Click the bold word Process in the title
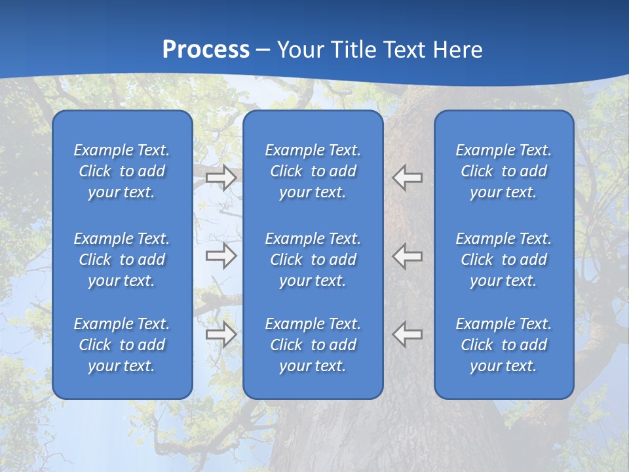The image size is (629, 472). pyautogui.click(x=206, y=50)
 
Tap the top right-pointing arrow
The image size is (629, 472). pyautogui.click(x=221, y=178)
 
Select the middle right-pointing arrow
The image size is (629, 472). pyautogui.click(x=221, y=256)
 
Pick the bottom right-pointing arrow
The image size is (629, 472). pyautogui.click(x=221, y=334)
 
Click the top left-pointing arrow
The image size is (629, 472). pyautogui.click(x=408, y=178)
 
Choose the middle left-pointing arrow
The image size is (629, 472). pyautogui.click(x=408, y=256)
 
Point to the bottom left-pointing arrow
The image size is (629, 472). pyautogui.click(x=408, y=334)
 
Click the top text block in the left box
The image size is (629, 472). pyautogui.click(x=122, y=171)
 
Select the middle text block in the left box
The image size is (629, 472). pyautogui.click(x=122, y=260)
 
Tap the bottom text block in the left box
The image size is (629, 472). pyautogui.click(x=122, y=345)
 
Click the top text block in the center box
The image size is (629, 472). pyautogui.click(x=313, y=171)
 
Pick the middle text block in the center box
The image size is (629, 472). pyautogui.click(x=313, y=260)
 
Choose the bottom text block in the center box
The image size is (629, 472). pyautogui.click(x=313, y=345)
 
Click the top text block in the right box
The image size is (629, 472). pyautogui.click(x=503, y=171)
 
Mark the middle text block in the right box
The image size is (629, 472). pyautogui.click(x=503, y=260)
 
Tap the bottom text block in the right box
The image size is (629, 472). pyautogui.click(x=503, y=345)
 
